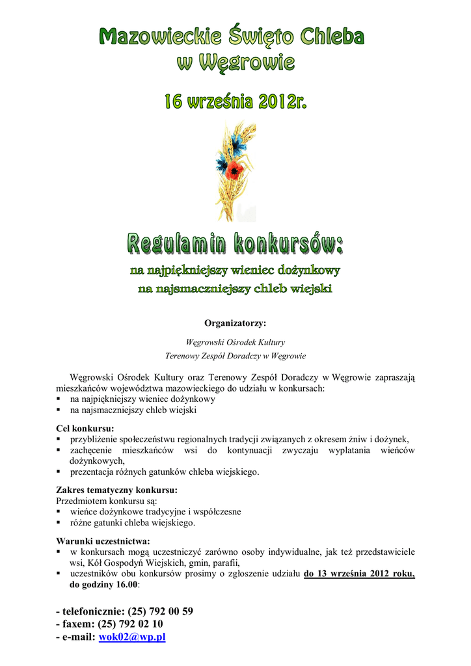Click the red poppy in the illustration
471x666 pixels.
[x=235, y=170]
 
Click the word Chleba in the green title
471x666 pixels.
[x=332, y=36]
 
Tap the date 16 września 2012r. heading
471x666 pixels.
[x=235, y=102]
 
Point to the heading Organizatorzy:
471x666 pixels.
[x=235, y=323]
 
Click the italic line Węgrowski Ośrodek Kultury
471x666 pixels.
[x=235, y=341]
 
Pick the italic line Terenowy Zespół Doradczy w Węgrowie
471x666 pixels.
[x=235, y=356]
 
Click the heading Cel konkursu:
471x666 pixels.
[x=85, y=429]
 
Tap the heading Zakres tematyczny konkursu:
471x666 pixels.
[x=117, y=490]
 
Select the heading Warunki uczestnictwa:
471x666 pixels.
[x=103, y=541]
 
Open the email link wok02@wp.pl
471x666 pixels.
[x=132, y=637]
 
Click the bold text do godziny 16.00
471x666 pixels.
[x=103, y=585]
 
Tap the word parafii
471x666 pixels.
[x=225, y=563]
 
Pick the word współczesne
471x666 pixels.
[x=213, y=512]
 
